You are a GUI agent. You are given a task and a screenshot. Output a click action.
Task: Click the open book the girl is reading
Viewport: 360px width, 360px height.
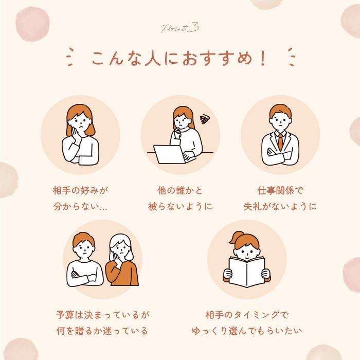tap(246, 271)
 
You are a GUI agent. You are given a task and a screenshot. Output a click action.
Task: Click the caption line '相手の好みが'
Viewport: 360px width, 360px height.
tap(80, 190)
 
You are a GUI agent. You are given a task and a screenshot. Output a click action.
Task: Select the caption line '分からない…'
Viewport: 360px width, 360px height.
tap(80, 207)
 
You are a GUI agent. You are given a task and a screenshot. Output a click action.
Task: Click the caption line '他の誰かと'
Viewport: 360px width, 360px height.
tap(180, 190)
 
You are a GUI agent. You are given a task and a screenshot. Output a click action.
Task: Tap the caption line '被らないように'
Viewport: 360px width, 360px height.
tap(180, 207)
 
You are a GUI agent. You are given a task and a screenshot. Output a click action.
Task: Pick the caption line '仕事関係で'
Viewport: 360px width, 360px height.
tap(280, 190)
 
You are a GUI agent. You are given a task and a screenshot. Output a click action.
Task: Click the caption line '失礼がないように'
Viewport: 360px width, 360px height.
tap(280, 207)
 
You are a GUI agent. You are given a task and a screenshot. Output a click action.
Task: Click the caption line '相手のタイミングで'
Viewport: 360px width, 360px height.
tap(246, 313)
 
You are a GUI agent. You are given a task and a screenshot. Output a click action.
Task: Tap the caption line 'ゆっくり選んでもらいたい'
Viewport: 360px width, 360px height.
tap(246, 330)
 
